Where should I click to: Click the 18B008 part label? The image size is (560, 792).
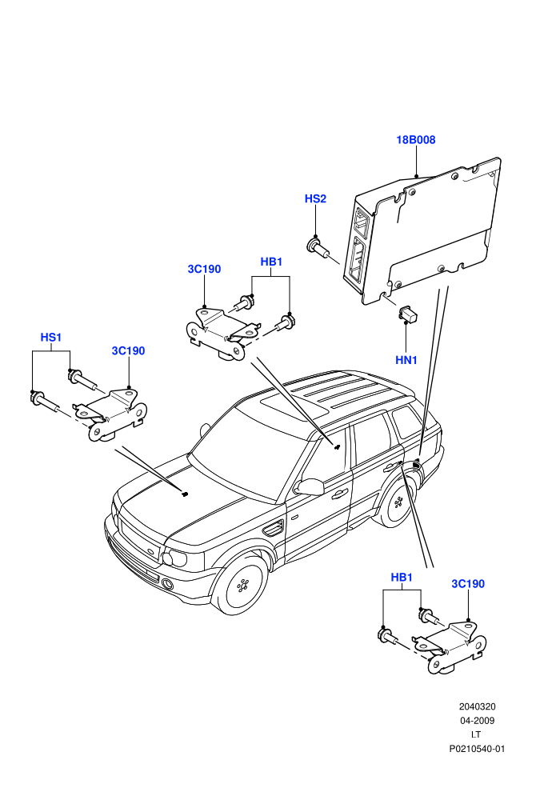tap(415, 140)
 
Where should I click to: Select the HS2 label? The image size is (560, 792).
tap(315, 199)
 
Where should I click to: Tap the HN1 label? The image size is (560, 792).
tap(406, 360)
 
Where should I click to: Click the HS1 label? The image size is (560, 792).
tap(51, 338)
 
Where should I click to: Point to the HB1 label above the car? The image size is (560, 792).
tap(271, 262)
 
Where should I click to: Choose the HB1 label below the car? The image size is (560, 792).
tap(402, 578)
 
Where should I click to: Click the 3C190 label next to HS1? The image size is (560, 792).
tap(128, 351)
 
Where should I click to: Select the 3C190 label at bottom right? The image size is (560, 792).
tap(468, 584)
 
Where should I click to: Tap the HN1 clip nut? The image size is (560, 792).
tap(406, 314)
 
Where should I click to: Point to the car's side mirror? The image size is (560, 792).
tap(309, 487)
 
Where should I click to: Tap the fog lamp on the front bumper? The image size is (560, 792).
tap(167, 585)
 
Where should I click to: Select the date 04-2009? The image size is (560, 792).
tap(477, 721)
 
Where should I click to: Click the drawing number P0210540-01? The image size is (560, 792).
tap(477, 749)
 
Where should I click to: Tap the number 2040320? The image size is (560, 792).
tap(477, 706)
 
